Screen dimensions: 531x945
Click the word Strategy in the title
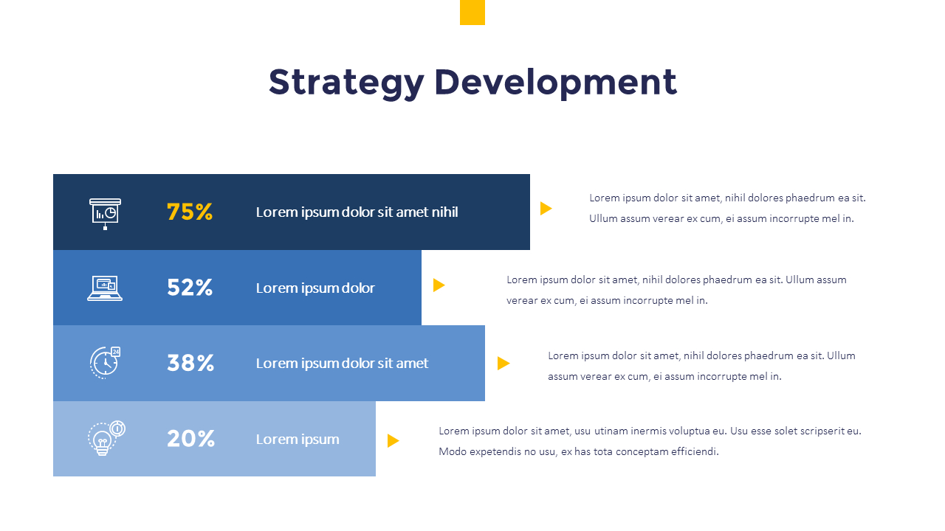coord(346,82)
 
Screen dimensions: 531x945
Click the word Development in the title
coord(555,82)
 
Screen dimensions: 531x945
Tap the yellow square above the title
coord(472,13)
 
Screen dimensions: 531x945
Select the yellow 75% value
coord(190,212)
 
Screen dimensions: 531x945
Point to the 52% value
coord(190,288)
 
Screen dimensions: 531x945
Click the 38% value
coord(190,363)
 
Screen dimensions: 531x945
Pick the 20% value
coord(190,439)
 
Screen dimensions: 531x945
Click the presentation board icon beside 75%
coord(105,212)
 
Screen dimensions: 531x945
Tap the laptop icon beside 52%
coord(105,288)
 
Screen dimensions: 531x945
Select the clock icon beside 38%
coord(105,362)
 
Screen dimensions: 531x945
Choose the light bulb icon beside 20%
coord(106,438)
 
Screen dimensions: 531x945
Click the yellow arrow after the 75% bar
coord(546,209)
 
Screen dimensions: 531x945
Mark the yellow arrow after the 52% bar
coord(439,285)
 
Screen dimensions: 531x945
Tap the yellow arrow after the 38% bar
coord(504,363)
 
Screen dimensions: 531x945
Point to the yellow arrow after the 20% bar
coord(393,441)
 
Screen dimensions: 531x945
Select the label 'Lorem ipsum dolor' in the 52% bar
coord(315,288)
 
